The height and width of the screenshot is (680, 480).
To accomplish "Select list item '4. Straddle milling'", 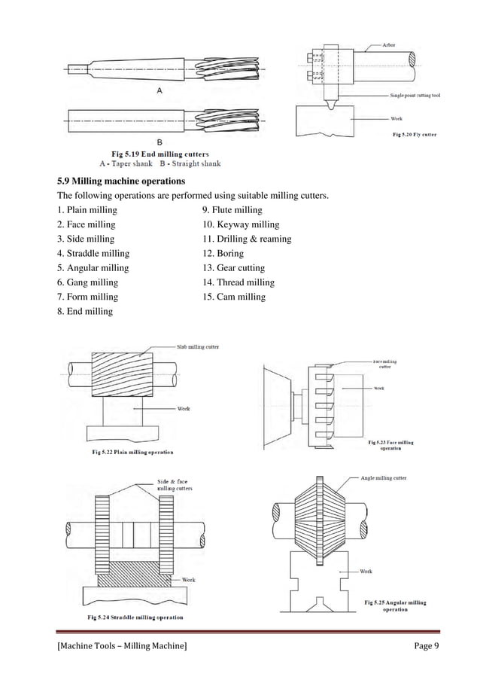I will [93, 254].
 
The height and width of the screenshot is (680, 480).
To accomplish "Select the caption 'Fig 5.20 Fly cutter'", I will [415, 135].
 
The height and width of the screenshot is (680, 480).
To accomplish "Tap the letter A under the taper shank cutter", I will [159, 90].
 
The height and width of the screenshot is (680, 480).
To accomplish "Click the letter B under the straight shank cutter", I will [159, 142].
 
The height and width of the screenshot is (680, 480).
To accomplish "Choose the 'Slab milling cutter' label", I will [198, 347].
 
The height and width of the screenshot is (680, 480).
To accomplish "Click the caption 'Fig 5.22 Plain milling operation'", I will [123, 452].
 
